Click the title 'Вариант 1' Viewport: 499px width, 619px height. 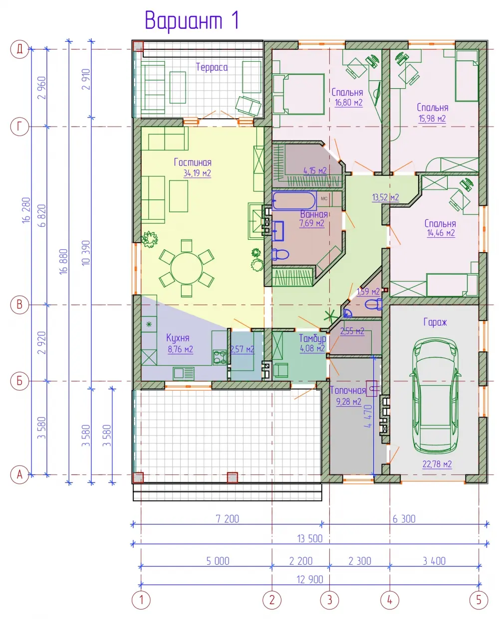coord(192,21)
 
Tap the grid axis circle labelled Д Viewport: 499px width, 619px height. coord(19,49)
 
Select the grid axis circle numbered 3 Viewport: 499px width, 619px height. coord(330,600)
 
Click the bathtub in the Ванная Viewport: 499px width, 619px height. coord(293,200)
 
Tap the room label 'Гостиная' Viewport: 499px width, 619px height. coord(193,162)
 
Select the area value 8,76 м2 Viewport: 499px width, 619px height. coord(180,349)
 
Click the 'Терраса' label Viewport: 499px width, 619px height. coord(212,67)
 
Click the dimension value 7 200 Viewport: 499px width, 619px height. coord(228,519)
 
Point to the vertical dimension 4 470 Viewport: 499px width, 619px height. coord(368,416)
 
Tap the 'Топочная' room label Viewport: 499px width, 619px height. coord(348,390)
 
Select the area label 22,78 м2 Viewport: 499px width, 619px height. coord(437,464)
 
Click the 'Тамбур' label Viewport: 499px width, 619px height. coord(312,338)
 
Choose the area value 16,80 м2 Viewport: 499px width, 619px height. coord(349,103)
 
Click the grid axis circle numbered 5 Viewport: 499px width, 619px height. coord(479,600)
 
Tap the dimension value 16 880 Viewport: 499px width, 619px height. coord(63,262)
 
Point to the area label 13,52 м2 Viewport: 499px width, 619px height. coord(386,197)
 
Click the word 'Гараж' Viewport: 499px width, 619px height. coord(435,322)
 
